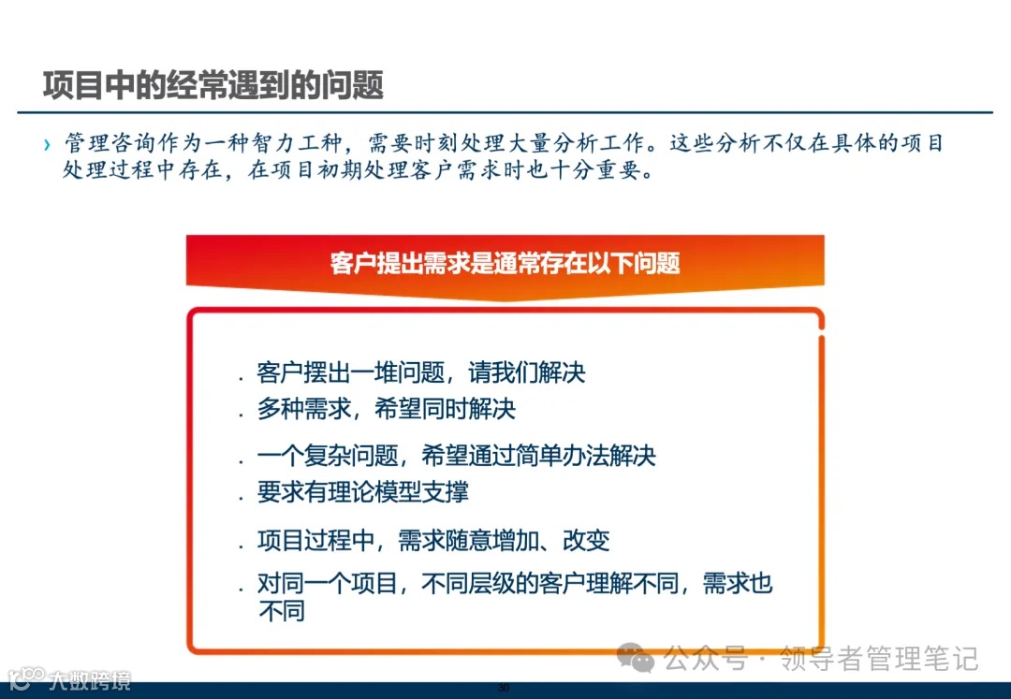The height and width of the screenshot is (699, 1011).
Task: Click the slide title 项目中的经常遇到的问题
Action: coord(213,85)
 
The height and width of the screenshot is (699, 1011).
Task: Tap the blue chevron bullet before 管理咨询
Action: coord(47,145)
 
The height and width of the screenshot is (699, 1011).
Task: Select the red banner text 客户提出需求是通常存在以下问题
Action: coord(505,263)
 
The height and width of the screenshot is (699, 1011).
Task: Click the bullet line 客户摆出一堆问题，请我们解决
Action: coord(420,372)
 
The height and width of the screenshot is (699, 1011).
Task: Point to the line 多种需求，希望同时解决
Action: coord(386,409)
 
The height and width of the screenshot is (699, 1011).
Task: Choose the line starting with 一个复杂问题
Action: coord(456,456)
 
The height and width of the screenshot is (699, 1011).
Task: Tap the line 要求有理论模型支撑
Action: coord(362,492)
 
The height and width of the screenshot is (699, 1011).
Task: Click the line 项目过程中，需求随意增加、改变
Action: coord(432,540)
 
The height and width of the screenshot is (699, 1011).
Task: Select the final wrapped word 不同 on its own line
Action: coord(281,612)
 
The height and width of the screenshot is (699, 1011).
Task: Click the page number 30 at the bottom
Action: coord(503,689)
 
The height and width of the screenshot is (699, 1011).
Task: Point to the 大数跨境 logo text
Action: coord(91,680)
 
